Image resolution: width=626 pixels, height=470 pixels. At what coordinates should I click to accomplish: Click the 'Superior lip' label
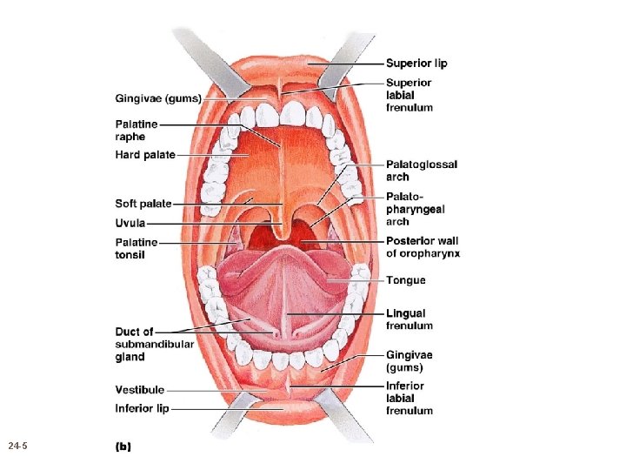pos(416,64)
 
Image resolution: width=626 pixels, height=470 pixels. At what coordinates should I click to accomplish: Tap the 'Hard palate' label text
pos(145,155)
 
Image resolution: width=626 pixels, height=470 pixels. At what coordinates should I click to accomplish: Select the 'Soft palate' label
pos(143,204)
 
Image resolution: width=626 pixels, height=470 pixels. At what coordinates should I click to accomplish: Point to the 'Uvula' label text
pos(130,223)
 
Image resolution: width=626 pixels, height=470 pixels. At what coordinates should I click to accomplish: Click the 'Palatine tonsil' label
pos(137,248)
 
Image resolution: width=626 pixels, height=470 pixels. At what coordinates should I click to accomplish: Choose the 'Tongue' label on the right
pos(406,280)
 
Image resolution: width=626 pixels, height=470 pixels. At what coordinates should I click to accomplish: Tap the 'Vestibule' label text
pos(139,389)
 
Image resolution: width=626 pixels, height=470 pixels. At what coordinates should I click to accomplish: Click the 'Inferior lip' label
pos(142,408)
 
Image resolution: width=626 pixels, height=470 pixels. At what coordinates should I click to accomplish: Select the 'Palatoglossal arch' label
pos(422,171)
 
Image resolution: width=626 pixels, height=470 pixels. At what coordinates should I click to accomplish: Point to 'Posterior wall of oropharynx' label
pos(423,247)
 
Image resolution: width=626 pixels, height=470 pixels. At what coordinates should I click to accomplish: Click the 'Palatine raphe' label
pos(137,131)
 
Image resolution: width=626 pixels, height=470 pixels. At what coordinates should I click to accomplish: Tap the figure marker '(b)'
pos(123,446)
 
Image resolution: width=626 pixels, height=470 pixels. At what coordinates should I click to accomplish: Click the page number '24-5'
pos(17,446)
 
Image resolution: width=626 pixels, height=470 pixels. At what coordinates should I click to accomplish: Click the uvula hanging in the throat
pos(281,231)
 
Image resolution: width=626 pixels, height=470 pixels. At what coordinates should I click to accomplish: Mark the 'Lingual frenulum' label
pos(409,319)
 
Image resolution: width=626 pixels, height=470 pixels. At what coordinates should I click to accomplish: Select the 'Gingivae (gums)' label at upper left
pos(158,98)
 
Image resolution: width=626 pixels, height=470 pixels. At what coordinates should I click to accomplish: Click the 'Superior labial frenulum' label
pos(409,95)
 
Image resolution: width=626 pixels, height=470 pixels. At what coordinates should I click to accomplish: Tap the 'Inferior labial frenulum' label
pos(409,398)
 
